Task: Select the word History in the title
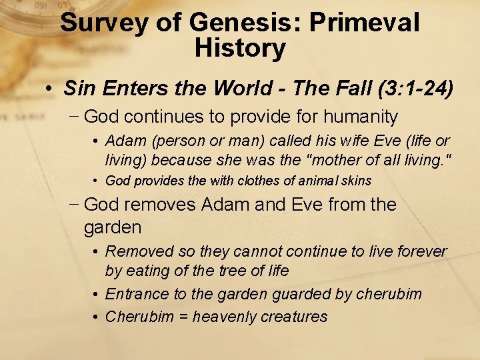(x=240, y=48)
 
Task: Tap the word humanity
(x=360, y=117)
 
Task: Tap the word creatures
(x=295, y=317)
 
